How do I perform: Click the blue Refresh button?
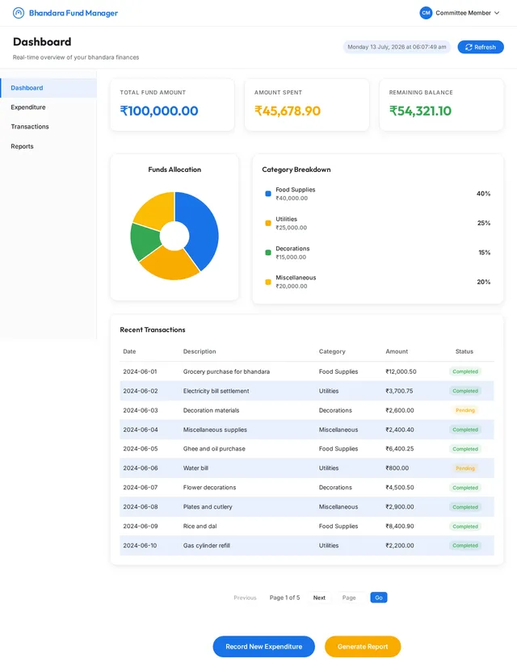(x=481, y=47)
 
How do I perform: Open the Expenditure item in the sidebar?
(x=28, y=107)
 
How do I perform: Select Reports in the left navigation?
(x=22, y=146)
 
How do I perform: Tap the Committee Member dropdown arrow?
(x=497, y=13)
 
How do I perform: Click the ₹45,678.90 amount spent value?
(x=288, y=111)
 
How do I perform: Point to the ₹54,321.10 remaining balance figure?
(x=420, y=111)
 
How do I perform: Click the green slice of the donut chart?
(x=145, y=241)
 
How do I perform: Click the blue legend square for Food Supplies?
(x=268, y=194)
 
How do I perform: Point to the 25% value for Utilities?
(x=484, y=223)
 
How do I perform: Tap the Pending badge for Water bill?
(x=465, y=468)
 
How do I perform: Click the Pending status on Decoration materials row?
(x=465, y=410)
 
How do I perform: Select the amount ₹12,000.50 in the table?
(x=401, y=371)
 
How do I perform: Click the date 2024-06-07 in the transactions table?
(x=141, y=488)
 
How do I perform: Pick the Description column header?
(x=200, y=351)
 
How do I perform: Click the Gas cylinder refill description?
(x=206, y=545)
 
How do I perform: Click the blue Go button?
(x=379, y=598)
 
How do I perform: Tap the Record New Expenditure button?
(x=264, y=647)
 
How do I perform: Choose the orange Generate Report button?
(x=363, y=647)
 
